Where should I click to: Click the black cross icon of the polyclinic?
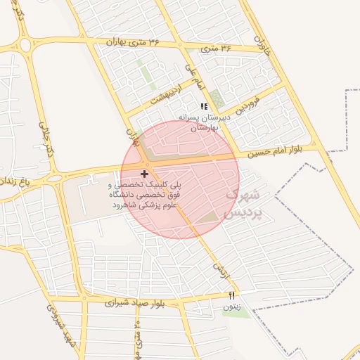(144, 173)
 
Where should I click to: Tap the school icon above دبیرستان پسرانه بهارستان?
(204, 106)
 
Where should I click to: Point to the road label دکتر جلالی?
(46, 141)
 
